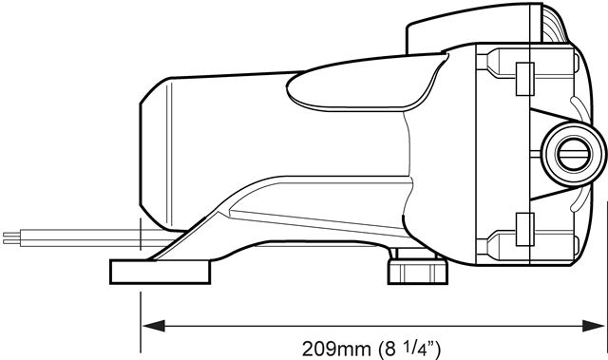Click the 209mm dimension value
[335, 349]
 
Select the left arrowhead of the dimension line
[154, 326]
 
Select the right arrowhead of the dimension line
[593, 326]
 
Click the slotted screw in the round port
[574, 154]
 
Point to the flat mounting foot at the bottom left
[161, 272]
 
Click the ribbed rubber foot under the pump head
[418, 272]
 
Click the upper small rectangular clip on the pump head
[525, 79]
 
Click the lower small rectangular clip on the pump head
[525, 229]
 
